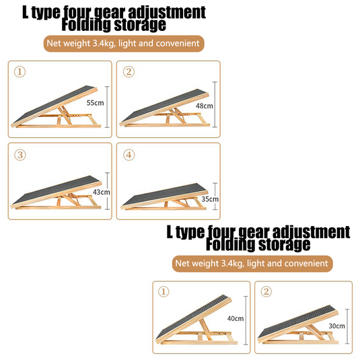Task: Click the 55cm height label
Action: [x=94, y=104]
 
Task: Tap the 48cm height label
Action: [x=205, y=106]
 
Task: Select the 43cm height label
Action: [x=102, y=192]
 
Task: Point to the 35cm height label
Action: [x=210, y=199]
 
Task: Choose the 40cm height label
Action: [x=236, y=319]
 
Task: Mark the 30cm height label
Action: [x=336, y=326]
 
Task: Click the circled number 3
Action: [x=21, y=155]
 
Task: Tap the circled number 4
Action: [x=130, y=155]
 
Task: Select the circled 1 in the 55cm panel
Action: [x=21, y=71]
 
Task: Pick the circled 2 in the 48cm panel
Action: [x=130, y=71]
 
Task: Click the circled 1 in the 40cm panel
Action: [x=164, y=291]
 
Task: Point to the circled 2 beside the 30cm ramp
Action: [x=266, y=291]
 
